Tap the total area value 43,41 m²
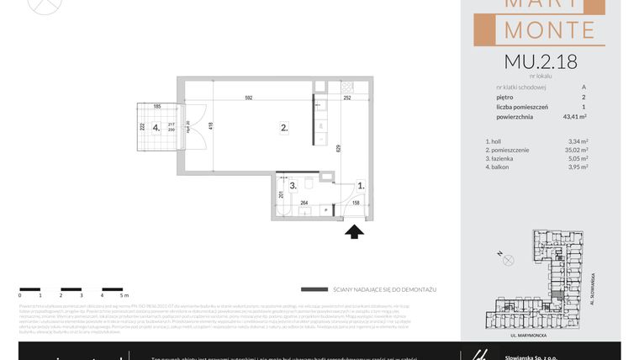[x=572, y=118]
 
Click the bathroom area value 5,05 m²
[x=578, y=158]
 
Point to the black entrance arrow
[x=355, y=229]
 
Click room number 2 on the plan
[x=284, y=128]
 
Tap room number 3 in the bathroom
[x=292, y=185]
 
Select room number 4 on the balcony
[x=156, y=129]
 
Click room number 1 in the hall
[x=360, y=185]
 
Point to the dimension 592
[x=249, y=98]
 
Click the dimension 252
[x=347, y=98]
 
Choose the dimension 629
[x=338, y=149]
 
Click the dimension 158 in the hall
[x=355, y=202]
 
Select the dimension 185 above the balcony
[x=157, y=107]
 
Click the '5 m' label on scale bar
[x=124, y=296]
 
